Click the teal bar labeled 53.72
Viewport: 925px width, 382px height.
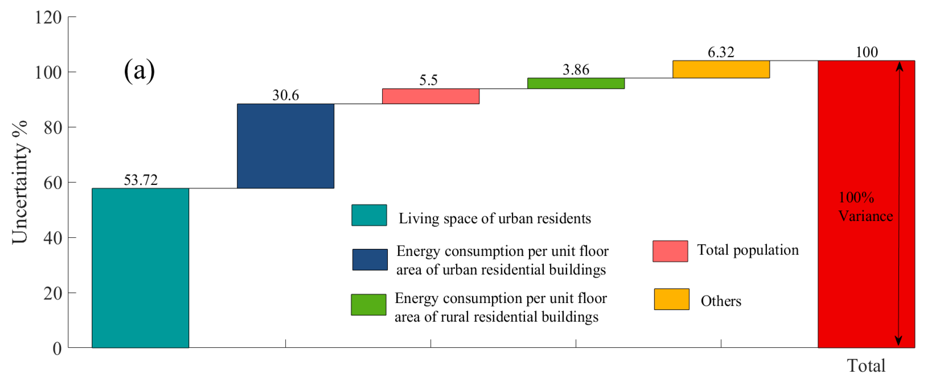click(140, 268)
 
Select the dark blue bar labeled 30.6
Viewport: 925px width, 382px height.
click(286, 146)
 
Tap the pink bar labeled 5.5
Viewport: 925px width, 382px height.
click(430, 96)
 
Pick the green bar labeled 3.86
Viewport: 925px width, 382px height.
click(576, 83)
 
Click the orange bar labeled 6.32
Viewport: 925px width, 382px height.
click(721, 69)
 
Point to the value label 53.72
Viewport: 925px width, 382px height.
click(140, 180)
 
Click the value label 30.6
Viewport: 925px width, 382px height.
click(286, 95)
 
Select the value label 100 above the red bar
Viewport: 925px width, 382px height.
click(866, 52)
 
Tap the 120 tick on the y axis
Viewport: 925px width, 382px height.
click(48, 17)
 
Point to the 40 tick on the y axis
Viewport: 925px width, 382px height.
click(52, 238)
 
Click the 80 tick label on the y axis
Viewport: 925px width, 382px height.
click(52, 128)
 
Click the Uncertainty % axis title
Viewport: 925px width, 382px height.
click(20, 182)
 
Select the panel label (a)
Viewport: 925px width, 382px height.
click(139, 71)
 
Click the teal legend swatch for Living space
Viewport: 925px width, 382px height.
click(369, 215)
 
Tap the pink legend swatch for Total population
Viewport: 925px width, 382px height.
click(670, 251)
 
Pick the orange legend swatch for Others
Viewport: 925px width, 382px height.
click(671, 299)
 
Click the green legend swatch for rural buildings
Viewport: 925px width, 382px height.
click(368, 304)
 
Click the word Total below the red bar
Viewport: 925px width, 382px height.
click(866, 366)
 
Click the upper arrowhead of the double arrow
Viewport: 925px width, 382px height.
click(899, 66)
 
